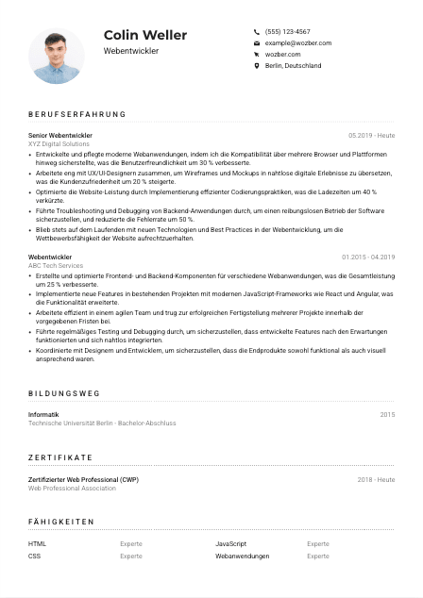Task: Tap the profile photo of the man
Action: point(57,56)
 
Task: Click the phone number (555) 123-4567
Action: point(287,31)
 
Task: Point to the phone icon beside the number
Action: point(257,31)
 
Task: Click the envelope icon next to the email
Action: point(257,43)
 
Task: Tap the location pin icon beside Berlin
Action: point(257,66)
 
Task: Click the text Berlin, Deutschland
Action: point(293,66)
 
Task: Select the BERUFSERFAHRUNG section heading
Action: point(77,115)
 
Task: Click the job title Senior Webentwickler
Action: point(60,135)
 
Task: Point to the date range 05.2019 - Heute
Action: point(371,135)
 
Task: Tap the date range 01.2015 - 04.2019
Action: point(368,257)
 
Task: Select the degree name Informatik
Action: point(44,414)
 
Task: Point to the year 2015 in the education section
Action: point(387,414)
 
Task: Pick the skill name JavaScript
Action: point(230,544)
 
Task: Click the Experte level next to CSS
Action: point(130,556)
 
